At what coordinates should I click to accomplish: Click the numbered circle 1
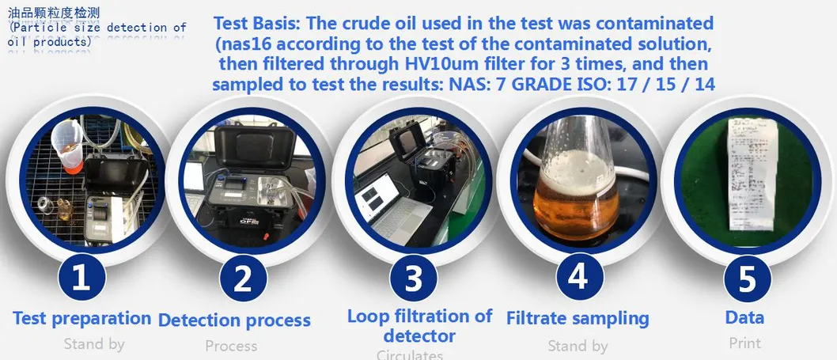(81, 278)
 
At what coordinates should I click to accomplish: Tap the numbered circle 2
(244, 278)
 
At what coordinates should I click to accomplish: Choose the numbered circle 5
(747, 278)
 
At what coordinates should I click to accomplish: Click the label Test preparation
(81, 318)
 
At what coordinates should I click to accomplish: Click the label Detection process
(234, 320)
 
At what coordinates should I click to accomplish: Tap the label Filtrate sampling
(578, 318)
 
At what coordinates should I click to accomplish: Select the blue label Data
(744, 317)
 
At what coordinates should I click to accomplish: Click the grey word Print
(744, 343)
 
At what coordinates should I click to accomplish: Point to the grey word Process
(231, 346)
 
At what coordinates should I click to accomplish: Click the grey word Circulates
(410, 354)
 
